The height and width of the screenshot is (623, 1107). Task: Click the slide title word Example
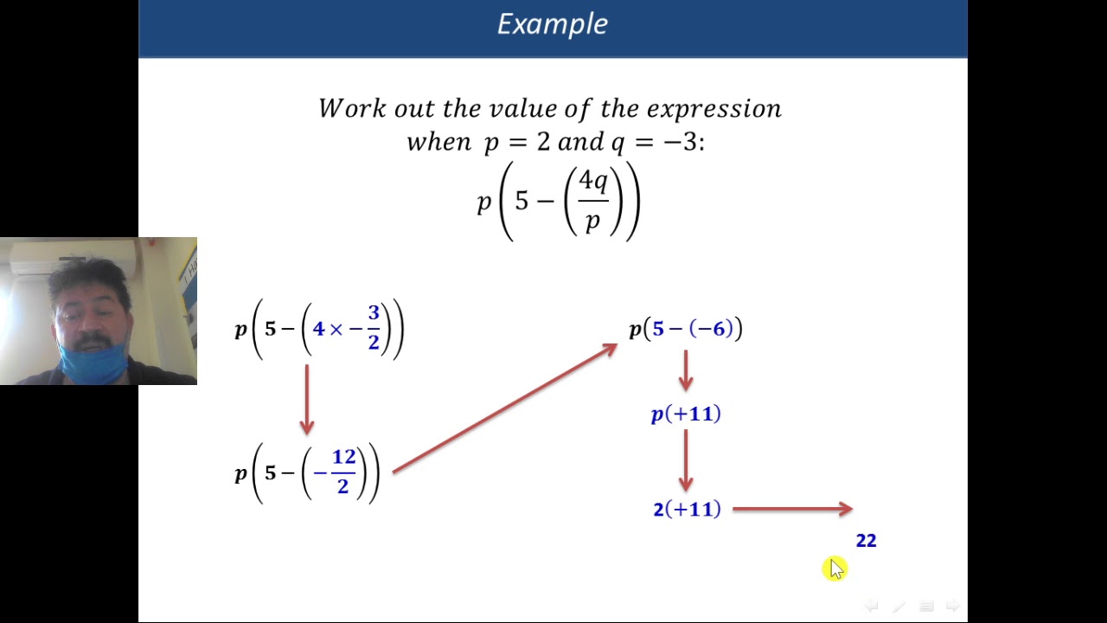pyautogui.click(x=552, y=24)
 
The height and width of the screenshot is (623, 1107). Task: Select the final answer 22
pyautogui.click(x=866, y=541)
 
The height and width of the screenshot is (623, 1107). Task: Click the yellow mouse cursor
pyautogui.click(x=835, y=568)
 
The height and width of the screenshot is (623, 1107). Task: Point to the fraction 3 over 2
pyautogui.click(x=374, y=328)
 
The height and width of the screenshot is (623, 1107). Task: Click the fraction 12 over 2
pyautogui.click(x=343, y=472)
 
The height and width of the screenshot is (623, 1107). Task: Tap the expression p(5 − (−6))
pyautogui.click(x=686, y=329)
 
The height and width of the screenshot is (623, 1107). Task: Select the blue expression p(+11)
pyautogui.click(x=686, y=414)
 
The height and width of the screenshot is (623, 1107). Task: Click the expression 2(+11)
pyautogui.click(x=687, y=509)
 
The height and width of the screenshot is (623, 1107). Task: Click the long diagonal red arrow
pyautogui.click(x=505, y=408)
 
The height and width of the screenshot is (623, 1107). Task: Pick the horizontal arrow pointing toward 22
pyautogui.click(x=792, y=509)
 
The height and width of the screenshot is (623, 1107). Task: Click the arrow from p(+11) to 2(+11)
pyautogui.click(x=686, y=460)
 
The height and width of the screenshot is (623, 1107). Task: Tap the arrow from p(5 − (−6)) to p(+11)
pyautogui.click(x=686, y=370)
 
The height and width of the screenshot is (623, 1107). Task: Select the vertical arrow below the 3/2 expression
pyautogui.click(x=306, y=399)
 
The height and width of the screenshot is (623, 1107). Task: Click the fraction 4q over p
pyautogui.click(x=593, y=201)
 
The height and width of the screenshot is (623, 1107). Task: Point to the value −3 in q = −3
pyautogui.click(x=682, y=141)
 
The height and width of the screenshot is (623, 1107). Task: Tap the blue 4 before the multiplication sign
pyautogui.click(x=318, y=329)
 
